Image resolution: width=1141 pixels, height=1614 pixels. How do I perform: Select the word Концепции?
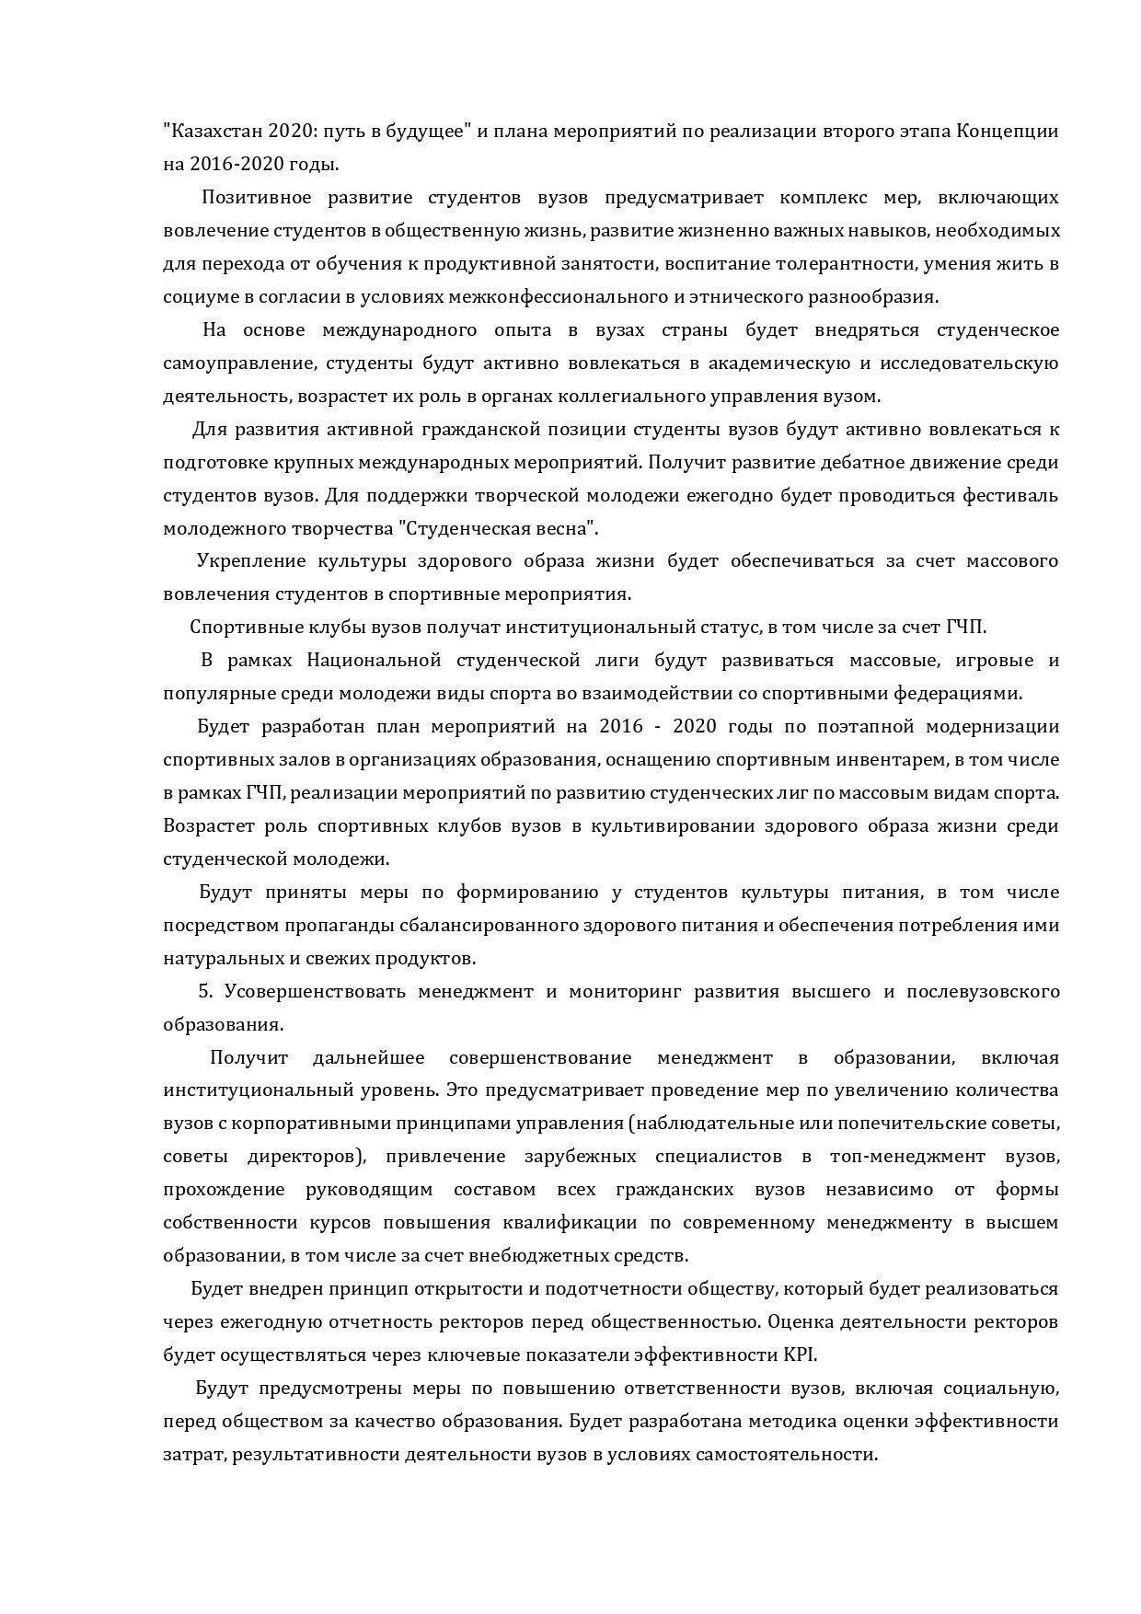click(x=1008, y=131)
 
